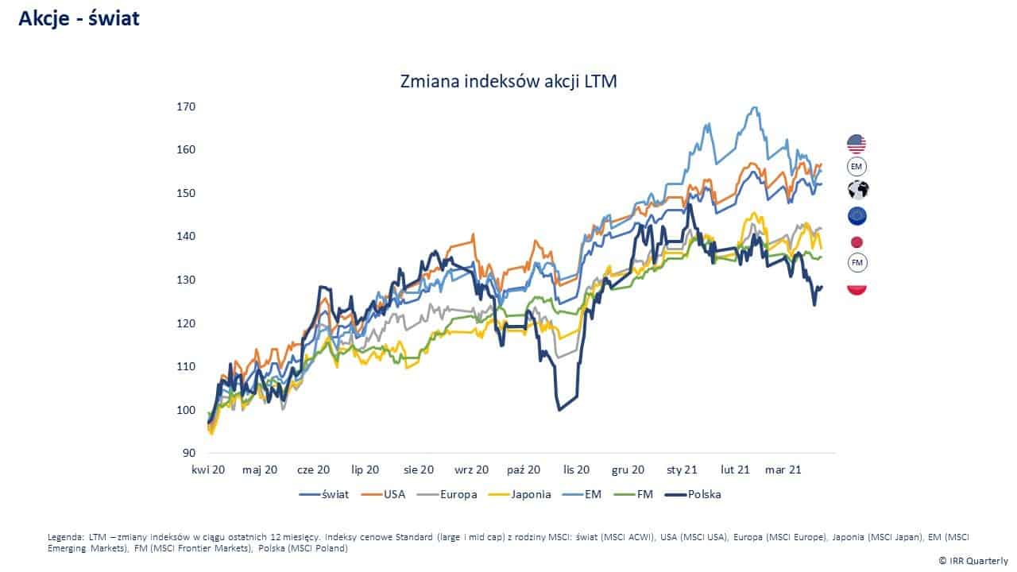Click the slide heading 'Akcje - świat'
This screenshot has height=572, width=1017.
(x=79, y=18)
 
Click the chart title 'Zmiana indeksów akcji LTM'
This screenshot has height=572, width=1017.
(x=508, y=81)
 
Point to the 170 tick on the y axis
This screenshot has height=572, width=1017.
(x=186, y=106)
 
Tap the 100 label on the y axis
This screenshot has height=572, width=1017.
(x=186, y=410)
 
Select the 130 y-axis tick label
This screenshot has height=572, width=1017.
(x=186, y=280)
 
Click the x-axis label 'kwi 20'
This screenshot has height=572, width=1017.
(x=207, y=470)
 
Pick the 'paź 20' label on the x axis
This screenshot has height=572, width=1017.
(x=524, y=470)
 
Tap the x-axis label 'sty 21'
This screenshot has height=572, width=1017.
(x=683, y=470)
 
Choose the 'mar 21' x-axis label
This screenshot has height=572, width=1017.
(x=783, y=470)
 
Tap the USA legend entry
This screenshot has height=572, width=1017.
(x=385, y=494)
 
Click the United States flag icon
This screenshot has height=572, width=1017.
(x=857, y=144)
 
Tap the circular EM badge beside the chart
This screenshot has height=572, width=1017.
(x=857, y=167)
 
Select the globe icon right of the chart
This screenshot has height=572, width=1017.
(x=857, y=190)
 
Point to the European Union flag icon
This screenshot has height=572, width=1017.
(x=857, y=216)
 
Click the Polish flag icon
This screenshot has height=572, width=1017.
(x=857, y=288)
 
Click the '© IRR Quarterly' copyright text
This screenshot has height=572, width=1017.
(x=973, y=560)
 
